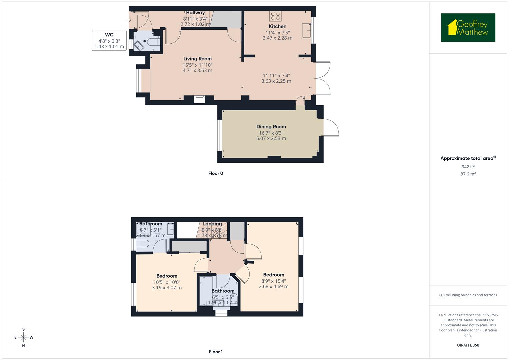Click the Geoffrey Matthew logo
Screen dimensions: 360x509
pyautogui.click(x=468, y=28)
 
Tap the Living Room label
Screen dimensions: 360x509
pyautogui.click(x=197, y=59)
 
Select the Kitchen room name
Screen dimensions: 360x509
pyautogui.click(x=277, y=26)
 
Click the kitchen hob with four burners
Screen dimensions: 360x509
pyautogui.click(x=275, y=16)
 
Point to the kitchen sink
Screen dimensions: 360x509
pyautogui.click(x=306, y=31)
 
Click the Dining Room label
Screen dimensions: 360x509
pyautogui.click(x=271, y=127)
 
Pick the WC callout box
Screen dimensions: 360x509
pyautogui.click(x=109, y=41)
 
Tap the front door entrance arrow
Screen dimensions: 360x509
pyautogui.click(x=129, y=20)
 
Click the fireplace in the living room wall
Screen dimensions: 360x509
pyautogui.click(x=199, y=99)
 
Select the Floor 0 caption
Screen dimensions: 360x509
pyautogui.click(x=215, y=173)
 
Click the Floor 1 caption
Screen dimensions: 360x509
pyautogui.click(x=215, y=352)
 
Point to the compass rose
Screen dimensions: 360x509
pyautogui.click(x=23, y=337)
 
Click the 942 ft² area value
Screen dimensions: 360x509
pyautogui.click(x=468, y=167)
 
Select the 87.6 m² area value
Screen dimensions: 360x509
pyautogui.click(x=468, y=174)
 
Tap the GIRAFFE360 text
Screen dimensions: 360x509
pyautogui.click(x=468, y=345)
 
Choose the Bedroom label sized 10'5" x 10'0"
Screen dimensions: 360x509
pyautogui.click(x=167, y=276)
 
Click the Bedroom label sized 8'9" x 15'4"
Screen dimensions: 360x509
pyautogui.click(x=273, y=275)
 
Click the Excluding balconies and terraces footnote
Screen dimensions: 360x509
pyautogui.click(x=468, y=295)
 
